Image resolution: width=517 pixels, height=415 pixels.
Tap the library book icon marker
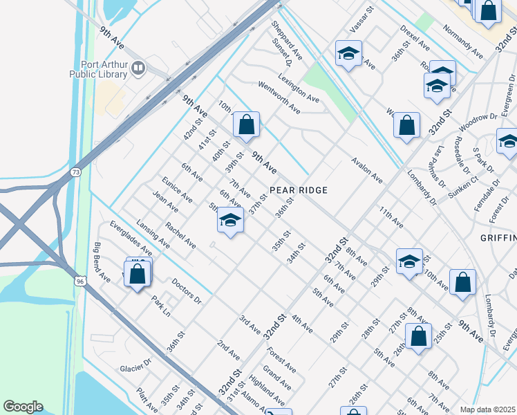139,68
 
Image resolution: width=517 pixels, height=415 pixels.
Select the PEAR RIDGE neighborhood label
298,190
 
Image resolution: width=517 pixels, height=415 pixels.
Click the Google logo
23,407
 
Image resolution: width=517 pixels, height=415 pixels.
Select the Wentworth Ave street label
279,97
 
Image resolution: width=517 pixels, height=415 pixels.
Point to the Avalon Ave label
366,169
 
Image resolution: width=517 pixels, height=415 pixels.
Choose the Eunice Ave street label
177,189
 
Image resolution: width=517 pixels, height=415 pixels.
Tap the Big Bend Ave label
102,263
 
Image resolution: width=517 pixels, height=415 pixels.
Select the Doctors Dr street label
186,291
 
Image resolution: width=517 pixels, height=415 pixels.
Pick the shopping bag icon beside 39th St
246,125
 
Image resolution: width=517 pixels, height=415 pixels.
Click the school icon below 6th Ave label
230,221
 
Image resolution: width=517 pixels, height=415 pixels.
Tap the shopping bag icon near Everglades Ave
138,274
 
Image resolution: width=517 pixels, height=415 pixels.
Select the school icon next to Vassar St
349,53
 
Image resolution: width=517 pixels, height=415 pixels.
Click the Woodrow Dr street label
477,122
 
